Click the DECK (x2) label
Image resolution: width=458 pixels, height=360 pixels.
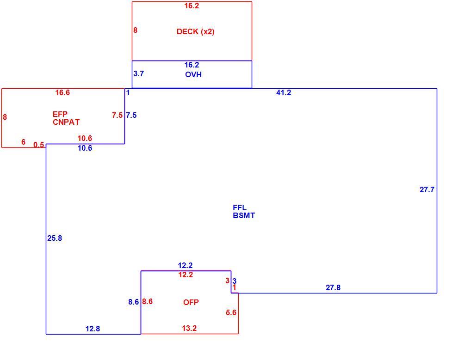(x=195, y=31)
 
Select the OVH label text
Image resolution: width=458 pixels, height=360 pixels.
(x=193, y=74)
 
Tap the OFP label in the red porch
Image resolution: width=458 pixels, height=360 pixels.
(x=191, y=302)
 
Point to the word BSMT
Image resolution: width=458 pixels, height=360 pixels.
(x=244, y=216)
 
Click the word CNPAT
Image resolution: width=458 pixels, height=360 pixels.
(x=66, y=122)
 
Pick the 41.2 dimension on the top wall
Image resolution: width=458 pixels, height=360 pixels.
(x=284, y=92)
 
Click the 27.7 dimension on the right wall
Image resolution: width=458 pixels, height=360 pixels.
(x=427, y=189)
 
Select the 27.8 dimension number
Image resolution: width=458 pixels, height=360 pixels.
(x=333, y=287)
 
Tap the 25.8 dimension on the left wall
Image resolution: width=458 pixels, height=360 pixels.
(x=55, y=238)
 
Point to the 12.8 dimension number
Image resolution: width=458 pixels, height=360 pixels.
(x=93, y=329)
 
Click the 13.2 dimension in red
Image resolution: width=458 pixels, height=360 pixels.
(x=189, y=328)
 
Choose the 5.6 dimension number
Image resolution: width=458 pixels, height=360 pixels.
(x=231, y=312)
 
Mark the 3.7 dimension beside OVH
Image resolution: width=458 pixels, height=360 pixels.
(x=138, y=73)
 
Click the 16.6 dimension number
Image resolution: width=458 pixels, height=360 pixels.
(x=62, y=92)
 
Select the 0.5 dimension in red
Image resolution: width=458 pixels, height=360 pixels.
(x=38, y=145)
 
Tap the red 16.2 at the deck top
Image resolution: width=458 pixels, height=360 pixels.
(x=192, y=6)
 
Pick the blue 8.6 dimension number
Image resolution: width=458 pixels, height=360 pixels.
(x=134, y=302)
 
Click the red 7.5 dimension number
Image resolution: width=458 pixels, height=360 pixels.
(x=117, y=115)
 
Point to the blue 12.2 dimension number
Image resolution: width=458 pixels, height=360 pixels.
(x=186, y=265)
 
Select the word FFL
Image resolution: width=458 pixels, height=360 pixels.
(x=240, y=207)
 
